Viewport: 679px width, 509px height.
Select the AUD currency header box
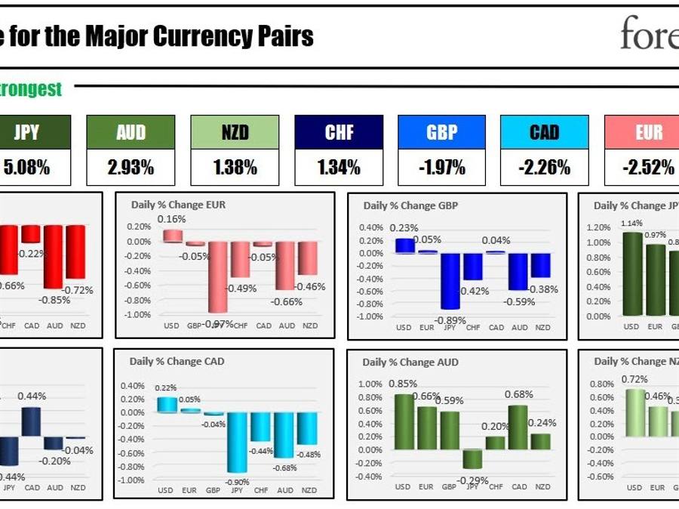coord(131,133)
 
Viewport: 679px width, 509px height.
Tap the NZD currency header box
coord(235,133)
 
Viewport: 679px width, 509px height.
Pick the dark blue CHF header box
coord(339,133)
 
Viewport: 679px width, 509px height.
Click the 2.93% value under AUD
coord(131,168)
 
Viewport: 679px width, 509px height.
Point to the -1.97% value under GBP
coord(442,168)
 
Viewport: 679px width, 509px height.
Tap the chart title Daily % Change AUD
coord(410,362)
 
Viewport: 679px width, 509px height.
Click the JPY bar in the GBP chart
coord(450,281)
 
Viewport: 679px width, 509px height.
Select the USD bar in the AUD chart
coord(404,421)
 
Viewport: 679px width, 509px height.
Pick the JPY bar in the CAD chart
coord(236,442)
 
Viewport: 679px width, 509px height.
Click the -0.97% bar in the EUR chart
coord(218,276)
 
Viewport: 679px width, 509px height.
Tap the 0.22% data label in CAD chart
coord(166,387)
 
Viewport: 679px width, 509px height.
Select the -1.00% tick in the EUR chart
coord(138,315)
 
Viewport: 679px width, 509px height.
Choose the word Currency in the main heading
coord(223,35)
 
